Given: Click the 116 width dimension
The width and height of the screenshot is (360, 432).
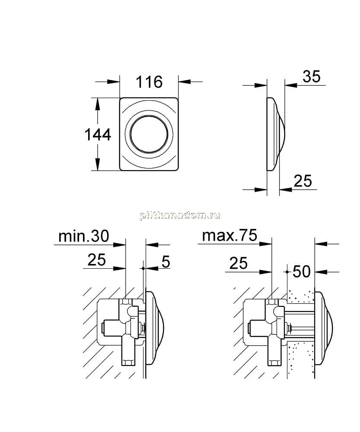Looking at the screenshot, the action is (149, 82).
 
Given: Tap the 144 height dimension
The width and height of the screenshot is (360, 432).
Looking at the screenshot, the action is (98, 135).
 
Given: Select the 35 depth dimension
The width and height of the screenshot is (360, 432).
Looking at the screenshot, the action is (312, 76).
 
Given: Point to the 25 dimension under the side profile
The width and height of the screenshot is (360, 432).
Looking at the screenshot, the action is (303, 181).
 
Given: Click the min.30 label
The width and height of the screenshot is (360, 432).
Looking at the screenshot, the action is (84, 236).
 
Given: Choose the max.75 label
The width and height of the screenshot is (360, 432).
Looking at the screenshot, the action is (229, 235).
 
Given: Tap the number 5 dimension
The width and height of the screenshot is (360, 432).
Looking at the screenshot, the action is (166, 261).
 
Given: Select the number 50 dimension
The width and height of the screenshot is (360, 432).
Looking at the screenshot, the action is (302, 271).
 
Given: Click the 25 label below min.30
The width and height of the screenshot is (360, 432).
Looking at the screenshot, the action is (96, 260).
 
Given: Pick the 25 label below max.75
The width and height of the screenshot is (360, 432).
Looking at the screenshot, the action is (239, 263).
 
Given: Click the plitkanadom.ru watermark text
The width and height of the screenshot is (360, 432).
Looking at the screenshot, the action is (180, 216).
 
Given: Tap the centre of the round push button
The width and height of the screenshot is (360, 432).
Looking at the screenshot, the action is (149, 134).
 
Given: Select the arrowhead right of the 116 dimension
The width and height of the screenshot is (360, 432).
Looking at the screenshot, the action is (185, 82).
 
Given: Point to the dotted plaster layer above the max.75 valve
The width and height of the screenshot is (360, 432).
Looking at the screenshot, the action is (301, 296).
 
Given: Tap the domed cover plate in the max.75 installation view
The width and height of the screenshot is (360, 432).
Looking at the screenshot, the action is (323, 328).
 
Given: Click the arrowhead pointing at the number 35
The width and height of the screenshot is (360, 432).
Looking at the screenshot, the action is (291, 85).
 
